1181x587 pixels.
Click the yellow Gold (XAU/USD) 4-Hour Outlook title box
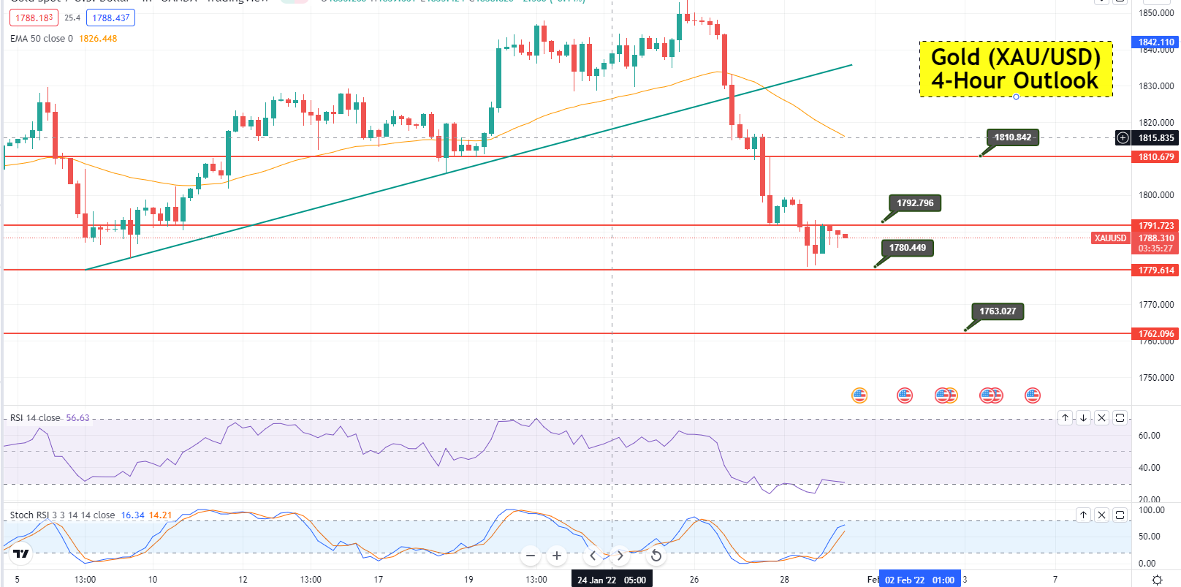[1016, 69]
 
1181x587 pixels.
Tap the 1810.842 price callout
[1012, 137]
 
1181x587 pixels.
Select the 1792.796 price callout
[915, 203]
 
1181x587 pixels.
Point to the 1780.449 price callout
[907, 248]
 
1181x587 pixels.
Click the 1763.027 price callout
[998, 311]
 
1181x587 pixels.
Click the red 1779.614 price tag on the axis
[1155, 270]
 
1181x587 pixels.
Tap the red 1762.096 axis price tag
[1155, 334]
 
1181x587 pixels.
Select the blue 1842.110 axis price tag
[1155, 42]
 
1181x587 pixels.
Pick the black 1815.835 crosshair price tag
[1155, 138]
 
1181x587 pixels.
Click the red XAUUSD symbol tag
[1110, 238]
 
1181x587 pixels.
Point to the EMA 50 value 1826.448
[98, 39]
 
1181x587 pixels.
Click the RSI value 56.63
[77, 418]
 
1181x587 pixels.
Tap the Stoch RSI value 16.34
[132, 515]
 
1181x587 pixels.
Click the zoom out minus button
[531, 556]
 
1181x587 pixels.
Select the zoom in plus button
[557, 556]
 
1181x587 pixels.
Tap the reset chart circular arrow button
[656, 556]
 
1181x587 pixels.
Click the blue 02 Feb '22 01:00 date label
[919, 580]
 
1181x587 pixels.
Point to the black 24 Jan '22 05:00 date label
[612, 580]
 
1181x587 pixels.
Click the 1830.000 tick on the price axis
[1155, 86]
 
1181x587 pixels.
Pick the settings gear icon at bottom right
[1157, 580]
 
